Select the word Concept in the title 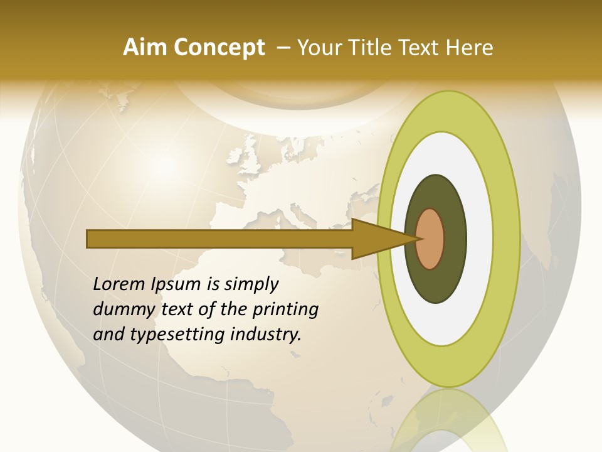[x=219, y=48]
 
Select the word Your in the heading [x=320, y=48]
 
